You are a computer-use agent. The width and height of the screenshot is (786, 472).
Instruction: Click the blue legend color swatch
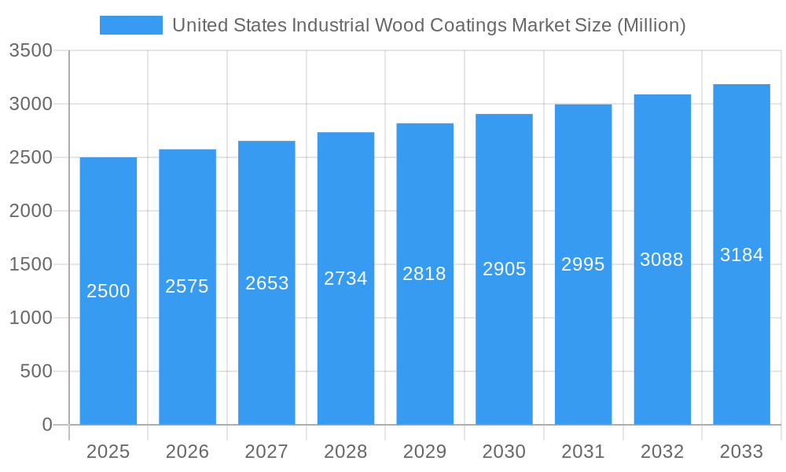130,25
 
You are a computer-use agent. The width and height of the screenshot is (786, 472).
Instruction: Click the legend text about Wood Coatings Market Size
428,25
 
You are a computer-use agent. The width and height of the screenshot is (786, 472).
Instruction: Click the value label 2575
187,286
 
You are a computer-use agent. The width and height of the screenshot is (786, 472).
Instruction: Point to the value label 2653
266,283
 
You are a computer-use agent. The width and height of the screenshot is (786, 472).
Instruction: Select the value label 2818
424,274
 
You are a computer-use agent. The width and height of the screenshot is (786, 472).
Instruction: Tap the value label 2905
504,269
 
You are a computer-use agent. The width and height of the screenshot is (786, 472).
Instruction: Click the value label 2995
583,264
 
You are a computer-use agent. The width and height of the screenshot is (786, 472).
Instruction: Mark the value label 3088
662,260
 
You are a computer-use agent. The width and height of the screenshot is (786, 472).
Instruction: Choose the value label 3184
741,255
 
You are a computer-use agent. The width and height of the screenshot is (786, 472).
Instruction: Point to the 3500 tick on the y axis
31,51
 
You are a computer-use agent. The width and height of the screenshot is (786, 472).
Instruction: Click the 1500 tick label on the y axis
31,265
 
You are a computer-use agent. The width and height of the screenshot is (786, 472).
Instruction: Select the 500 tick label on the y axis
36,371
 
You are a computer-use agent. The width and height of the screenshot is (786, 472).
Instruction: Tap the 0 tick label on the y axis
46,425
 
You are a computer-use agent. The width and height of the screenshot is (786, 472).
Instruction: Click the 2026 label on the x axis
187,452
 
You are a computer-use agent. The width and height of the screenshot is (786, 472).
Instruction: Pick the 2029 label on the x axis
424,452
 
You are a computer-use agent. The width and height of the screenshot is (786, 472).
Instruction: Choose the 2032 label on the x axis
662,452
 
